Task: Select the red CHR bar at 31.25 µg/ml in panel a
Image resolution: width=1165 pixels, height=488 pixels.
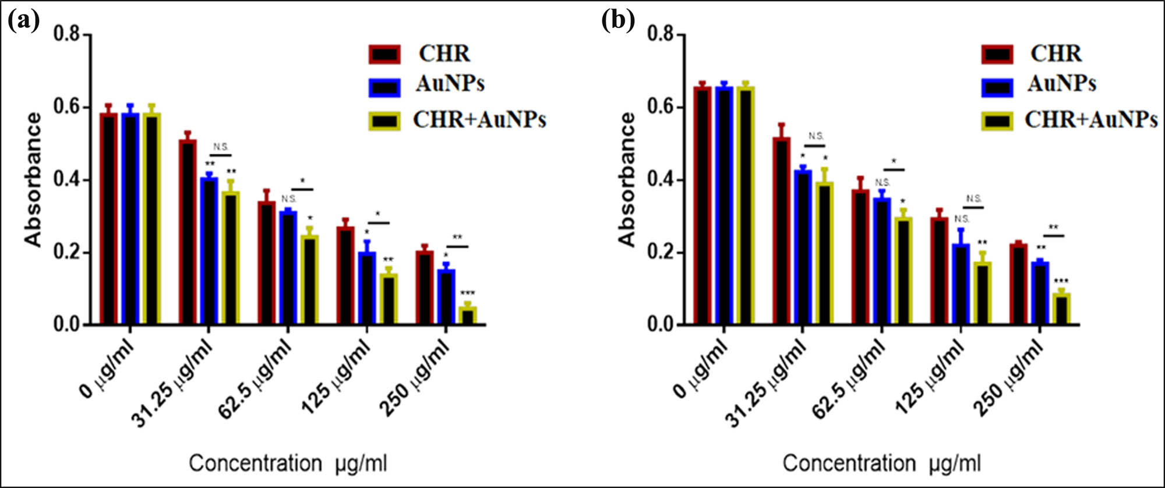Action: click(x=188, y=233)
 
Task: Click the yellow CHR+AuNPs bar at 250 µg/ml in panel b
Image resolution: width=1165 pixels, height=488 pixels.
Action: click(x=1061, y=309)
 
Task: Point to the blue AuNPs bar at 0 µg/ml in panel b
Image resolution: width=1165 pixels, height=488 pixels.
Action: click(x=723, y=207)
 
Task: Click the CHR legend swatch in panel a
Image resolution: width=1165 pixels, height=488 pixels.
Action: click(x=384, y=54)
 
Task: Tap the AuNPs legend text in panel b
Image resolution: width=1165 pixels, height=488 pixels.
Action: click(x=1061, y=84)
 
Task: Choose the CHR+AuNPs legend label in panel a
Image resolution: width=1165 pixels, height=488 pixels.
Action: click(x=479, y=120)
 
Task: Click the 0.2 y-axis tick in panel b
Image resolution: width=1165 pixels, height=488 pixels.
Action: click(x=661, y=253)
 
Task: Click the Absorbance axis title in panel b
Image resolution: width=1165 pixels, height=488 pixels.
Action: click(x=627, y=179)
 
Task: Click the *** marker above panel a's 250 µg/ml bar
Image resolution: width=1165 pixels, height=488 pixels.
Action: click(x=467, y=293)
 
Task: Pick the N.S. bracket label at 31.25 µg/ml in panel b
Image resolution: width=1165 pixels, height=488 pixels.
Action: click(x=816, y=136)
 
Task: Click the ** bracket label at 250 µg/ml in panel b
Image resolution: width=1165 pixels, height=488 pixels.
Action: click(x=1053, y=227)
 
